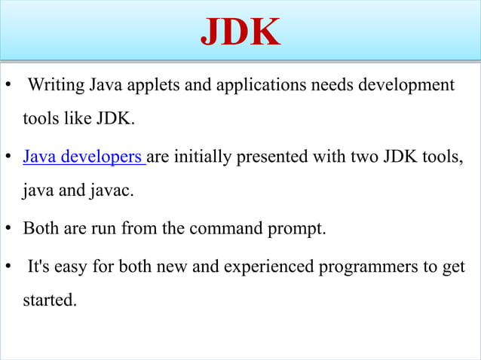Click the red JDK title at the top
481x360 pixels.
(240, 31)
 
